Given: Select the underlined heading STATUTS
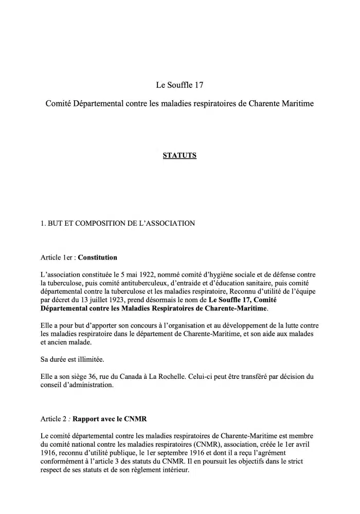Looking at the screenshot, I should (179, 155).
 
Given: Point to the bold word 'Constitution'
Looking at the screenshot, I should (97, 257).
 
